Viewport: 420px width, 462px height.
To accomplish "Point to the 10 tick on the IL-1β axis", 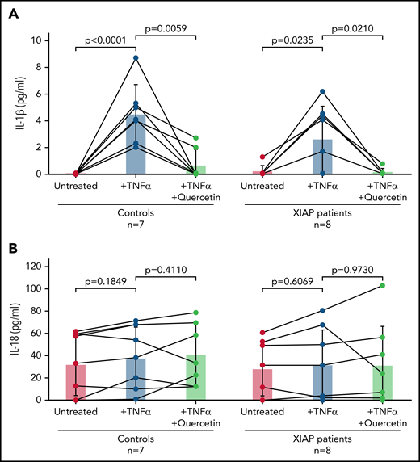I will click(x=38, y=40).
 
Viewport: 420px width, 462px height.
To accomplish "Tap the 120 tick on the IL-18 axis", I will click(x=36, y=266).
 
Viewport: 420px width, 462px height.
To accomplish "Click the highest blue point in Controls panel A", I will click(x=136, y=57).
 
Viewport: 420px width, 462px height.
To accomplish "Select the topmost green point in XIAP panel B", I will click(x=393, y=286).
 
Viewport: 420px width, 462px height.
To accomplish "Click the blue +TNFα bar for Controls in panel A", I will click(x=136, y=145).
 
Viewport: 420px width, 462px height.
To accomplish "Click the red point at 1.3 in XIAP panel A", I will click(x=262, y=157).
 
